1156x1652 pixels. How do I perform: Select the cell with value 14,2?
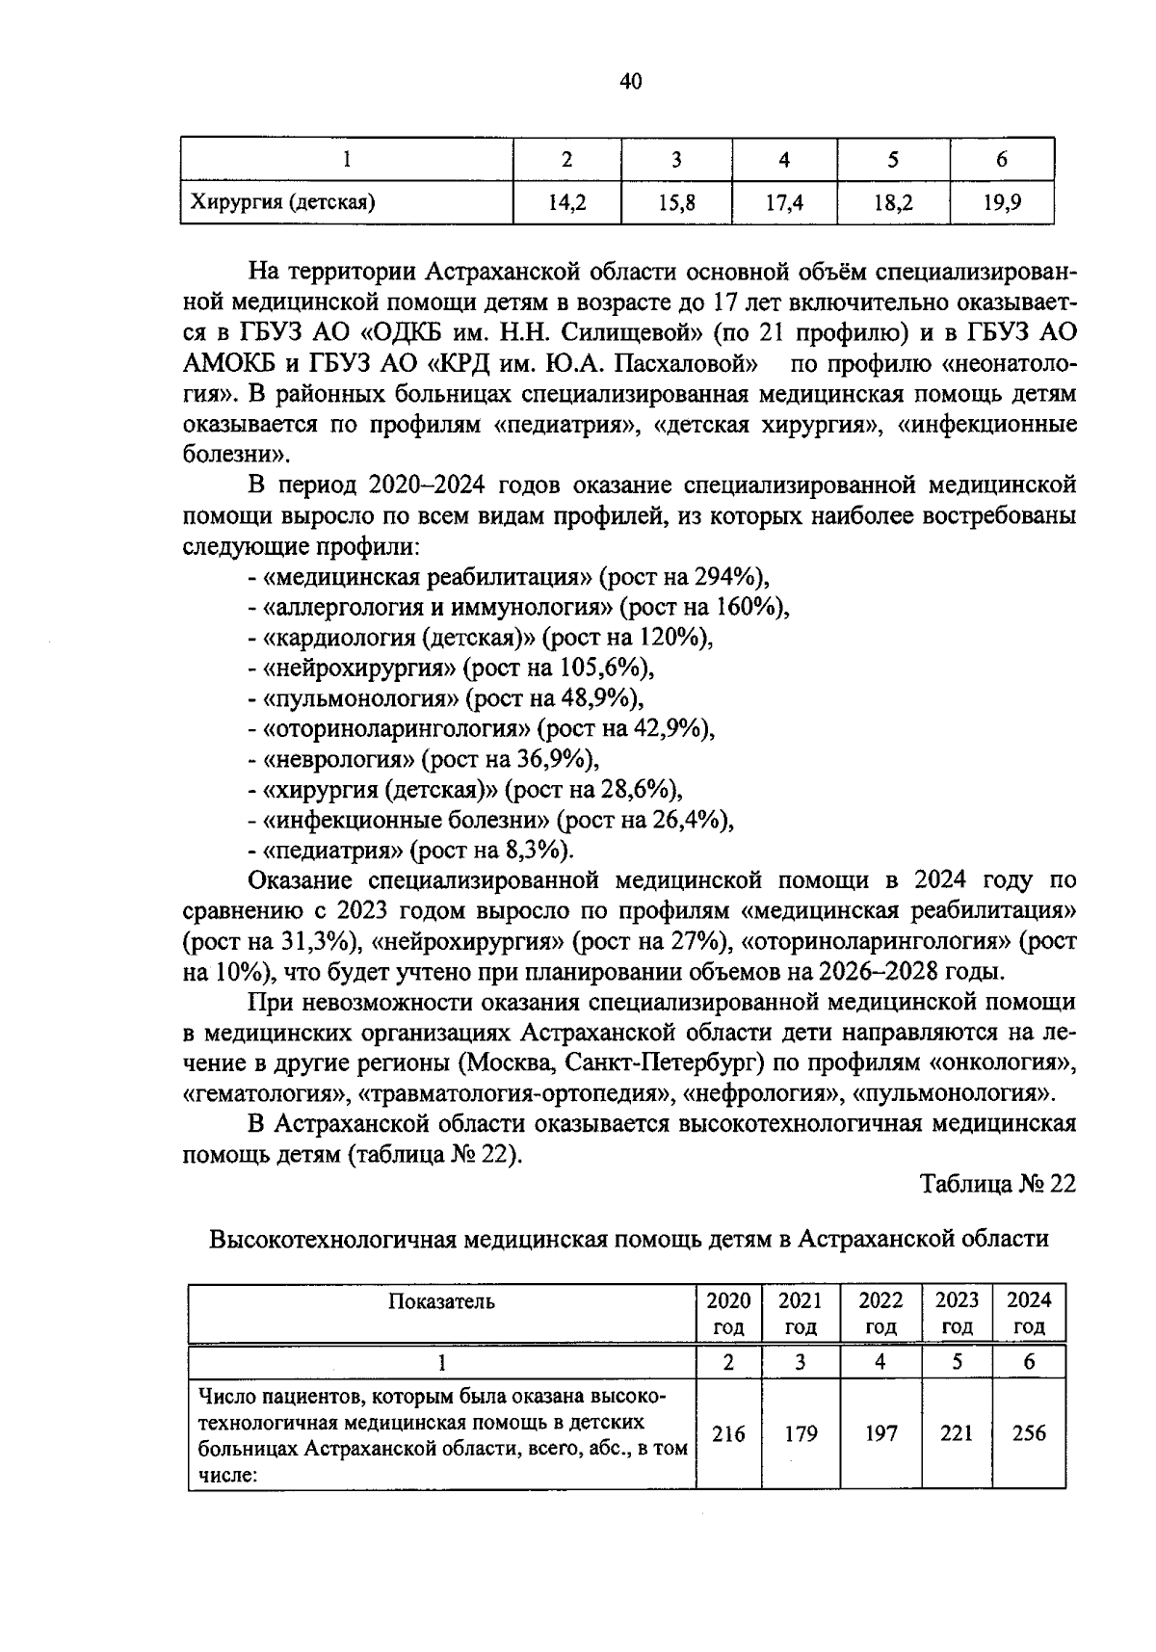point(567,202)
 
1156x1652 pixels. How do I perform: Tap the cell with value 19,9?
point(1001,202)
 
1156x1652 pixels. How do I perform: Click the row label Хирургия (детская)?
point(282,202)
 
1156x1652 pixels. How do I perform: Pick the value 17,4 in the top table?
point(784,202)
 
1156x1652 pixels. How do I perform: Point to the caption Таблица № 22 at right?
point(996,1184)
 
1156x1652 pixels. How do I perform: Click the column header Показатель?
point(441,1301)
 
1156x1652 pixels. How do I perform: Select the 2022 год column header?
point(880,1313)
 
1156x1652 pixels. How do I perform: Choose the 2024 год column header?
point(1029,1313)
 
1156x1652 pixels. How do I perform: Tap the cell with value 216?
point(728,1433)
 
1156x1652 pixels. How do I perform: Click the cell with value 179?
point(800,1433)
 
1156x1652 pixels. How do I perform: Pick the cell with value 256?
point(1029,1433)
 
